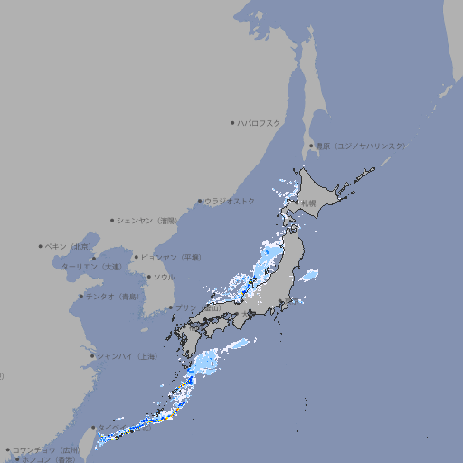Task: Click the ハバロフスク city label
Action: tap(260, 122)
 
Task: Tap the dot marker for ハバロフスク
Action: tap(233, 122)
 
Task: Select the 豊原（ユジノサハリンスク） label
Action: tap(360, 146)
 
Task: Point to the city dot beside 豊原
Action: tap(311, 146)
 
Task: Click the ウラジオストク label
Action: tap(231, 201)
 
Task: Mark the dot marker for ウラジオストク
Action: tap(200, 201)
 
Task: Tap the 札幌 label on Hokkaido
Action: tap(309, 203)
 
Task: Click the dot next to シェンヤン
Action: tap(113, 220)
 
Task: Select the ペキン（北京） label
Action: tap(69, 246)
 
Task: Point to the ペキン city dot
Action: tap(41, 246)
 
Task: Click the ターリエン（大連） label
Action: tap(91, 267)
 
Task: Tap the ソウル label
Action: tap(165, 277)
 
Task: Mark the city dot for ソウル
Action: tap(148, 277)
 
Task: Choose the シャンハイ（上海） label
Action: tap(128, 356)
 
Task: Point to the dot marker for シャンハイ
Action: tap(92, 356)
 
